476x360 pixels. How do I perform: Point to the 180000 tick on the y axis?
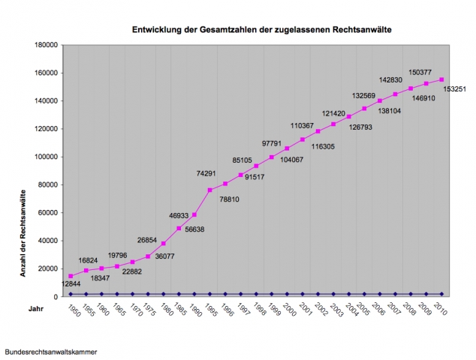tap(47, 45)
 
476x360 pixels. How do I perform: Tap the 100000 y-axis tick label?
tap(47, 157)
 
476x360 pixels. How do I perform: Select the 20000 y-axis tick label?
tap(49, 268)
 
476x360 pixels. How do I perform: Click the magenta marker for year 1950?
tap(71, 276)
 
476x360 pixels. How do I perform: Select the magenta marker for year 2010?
tap(441, 79)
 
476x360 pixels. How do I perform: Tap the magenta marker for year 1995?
tap(210, 190)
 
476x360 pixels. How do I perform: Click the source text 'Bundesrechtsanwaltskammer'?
tap(50, 351)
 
